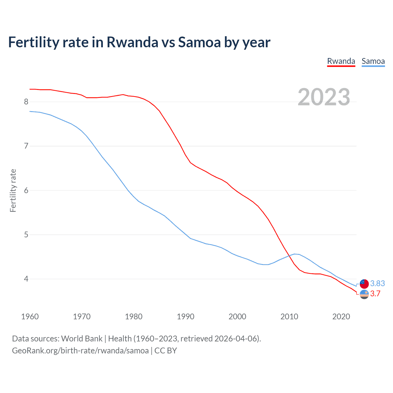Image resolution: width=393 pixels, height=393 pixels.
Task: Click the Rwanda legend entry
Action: pos(341,61)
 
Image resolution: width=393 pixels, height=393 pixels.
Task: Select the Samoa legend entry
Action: pos(373,61)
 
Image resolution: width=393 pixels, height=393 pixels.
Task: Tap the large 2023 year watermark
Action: pos(324,97)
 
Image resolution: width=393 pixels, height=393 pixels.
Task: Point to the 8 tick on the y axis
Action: pos(26,102)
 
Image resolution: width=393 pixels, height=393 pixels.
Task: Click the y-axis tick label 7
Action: pos(26,146)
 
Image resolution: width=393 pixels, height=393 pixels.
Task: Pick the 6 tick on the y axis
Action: pos(26,190)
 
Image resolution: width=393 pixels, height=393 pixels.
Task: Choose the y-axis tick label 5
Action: pos(26,235)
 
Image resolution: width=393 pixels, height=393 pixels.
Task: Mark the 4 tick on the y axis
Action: pos(26,279)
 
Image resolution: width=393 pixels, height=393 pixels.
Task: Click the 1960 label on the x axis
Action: pos(30,317)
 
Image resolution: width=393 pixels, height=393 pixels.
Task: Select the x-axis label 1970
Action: pos(82,317)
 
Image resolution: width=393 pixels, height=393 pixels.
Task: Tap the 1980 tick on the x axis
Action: pos(134,317)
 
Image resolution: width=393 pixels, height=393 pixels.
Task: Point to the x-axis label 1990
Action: pos(185,317)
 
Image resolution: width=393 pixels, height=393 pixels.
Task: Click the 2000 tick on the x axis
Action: pos(237,317)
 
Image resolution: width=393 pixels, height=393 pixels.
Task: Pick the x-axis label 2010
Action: pos(289,317)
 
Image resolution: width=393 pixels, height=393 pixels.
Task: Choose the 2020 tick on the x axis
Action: pos(341,317)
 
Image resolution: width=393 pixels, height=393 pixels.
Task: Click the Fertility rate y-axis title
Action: pos(13,190)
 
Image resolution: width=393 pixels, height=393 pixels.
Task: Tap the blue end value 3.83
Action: pos(377,283)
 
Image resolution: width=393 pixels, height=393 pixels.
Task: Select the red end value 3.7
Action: pos(375,294)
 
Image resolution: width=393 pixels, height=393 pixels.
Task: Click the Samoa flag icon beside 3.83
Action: pos(364,284)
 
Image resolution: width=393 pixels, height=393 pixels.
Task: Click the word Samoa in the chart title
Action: pos(199,42)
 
